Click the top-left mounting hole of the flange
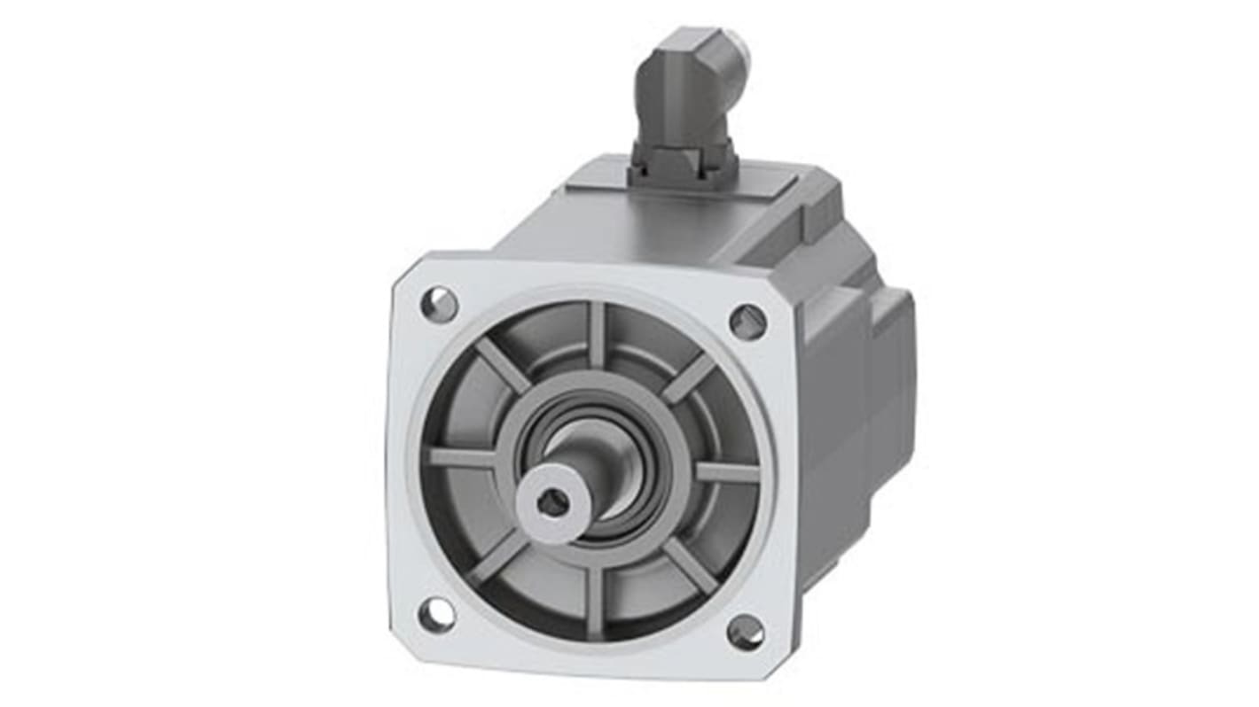(x=439, y=305)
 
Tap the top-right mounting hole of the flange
(x=748, y=322)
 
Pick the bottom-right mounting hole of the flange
(x=746, y=632)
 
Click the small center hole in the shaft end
(x=553, y=502)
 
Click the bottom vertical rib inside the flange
(x=592, y=599)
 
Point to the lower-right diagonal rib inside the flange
(x=689, y=565)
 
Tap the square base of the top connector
(x=681, y=167)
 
